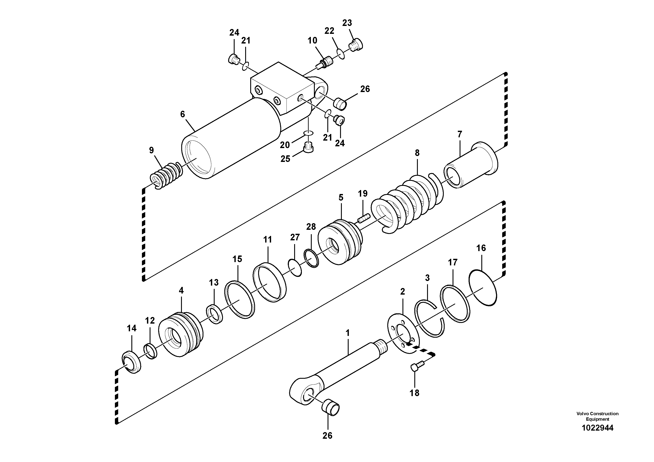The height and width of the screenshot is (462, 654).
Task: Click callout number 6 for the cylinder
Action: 183,114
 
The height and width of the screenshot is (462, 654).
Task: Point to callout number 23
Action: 347,23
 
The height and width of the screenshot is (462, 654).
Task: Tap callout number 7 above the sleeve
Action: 460,134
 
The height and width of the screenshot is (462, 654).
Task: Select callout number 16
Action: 481,248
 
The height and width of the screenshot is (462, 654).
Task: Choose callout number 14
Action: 132,328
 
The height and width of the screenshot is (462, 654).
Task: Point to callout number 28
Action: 311,227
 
